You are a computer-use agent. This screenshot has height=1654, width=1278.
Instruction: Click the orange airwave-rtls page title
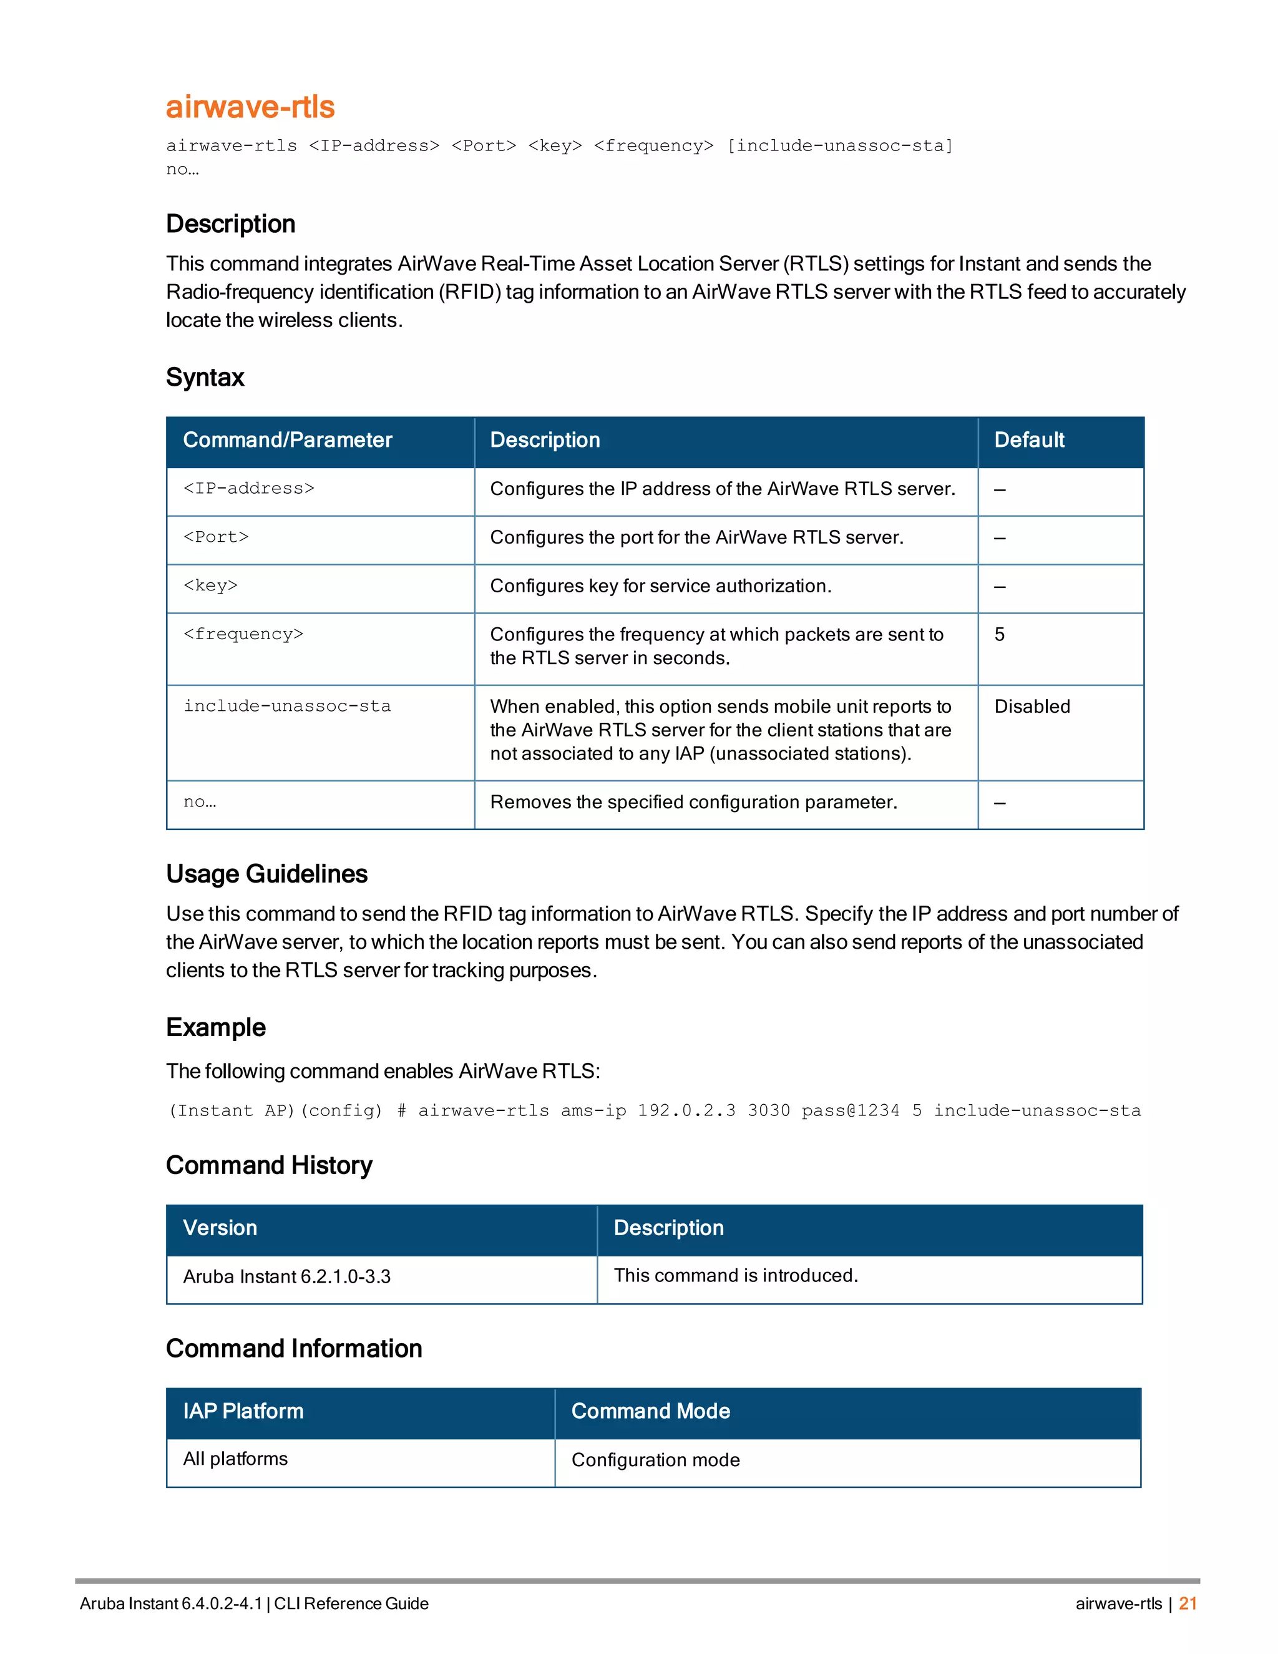pyautogui.click(x=250, y=107)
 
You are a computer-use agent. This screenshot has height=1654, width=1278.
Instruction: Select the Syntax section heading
pyautogui.click(x=205, y=377)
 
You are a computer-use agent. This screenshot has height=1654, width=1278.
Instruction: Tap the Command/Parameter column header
pyautogui.click(x=288, y=440)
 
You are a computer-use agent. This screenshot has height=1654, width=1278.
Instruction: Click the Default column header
pyautogui.click(x=1029, y=440)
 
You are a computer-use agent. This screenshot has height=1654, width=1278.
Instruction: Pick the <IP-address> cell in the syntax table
pyautogui.click(x=249, y=489)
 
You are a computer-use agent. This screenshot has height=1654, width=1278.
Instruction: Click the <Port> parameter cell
pyautogui.click(x=216, y=537)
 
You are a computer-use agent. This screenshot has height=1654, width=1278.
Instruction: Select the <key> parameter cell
pyautogui.click(x=210, y=585)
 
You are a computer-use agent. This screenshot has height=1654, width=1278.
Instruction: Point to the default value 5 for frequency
pyautogui.click(x=1000, y=635)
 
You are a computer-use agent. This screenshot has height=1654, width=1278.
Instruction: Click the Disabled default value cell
pyautogui.click(x=1032, y=707)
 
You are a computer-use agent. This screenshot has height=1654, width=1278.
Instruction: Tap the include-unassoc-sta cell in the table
pyautogui.click(x=287, y=707)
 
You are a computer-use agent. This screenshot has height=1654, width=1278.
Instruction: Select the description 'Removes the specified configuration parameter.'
pyautogui.click(x=693, y=802)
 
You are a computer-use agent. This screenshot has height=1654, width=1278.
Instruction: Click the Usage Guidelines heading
pyautogui.click(x=266, y=874)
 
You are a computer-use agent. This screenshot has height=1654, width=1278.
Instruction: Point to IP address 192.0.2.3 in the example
pyautogui.click(x=686, y=1111)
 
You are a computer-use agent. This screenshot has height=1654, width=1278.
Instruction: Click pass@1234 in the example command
pyautogui.click(x=851, y=1111)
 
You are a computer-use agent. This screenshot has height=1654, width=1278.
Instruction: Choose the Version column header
pyautogui.click(x=220, y=1228)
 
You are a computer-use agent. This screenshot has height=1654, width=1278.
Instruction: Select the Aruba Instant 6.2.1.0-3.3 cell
pyautogui.click(x=287, y=1277)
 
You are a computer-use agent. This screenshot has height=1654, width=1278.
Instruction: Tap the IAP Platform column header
pyautogui.click(x=243, y=1411)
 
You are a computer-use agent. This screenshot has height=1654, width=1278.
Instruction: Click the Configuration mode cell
pyautogui.click(x=656, y=1460)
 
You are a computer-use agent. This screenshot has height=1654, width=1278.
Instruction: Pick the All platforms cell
pyautogui.click(x=235, y=1459)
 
